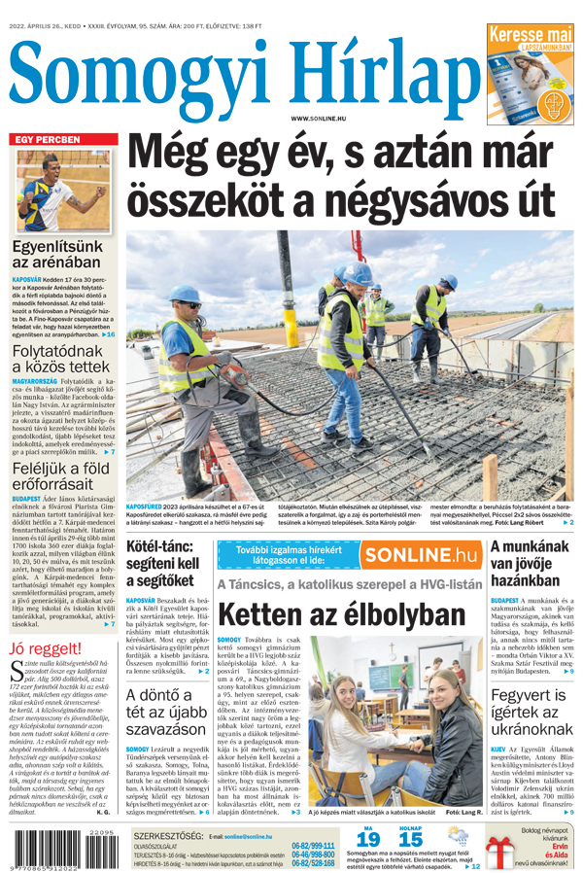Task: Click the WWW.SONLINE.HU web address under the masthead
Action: tap(318, 118)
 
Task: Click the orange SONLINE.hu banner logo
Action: tap(421, 555)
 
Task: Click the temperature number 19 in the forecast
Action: tap(368, 838)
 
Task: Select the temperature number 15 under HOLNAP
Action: tap(410, 838)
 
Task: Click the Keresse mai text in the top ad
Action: tap(530, 35)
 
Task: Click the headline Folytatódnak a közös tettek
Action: tap(61, 357)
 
